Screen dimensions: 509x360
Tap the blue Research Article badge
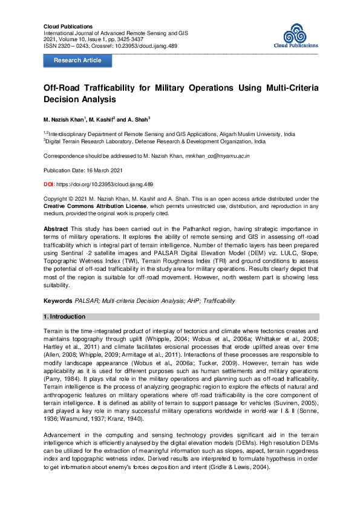tap(77, 60)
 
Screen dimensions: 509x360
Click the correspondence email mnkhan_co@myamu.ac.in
tap(226, 156)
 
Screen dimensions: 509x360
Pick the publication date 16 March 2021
tap(105, 170)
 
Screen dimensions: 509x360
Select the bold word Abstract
tap(55, 230)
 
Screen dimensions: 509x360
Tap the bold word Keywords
tap(58, 300)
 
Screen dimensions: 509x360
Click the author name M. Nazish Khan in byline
tap(64, 119)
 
